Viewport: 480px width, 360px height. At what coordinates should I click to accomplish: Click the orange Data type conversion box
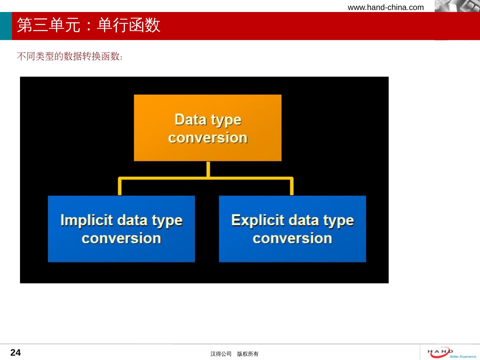tap(208, 128)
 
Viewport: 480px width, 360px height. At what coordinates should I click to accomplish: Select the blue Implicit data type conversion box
tap(121, 229)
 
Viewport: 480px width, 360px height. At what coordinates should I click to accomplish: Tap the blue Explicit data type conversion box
tap(292, 229)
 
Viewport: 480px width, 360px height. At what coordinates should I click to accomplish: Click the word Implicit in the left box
tap(87, 220)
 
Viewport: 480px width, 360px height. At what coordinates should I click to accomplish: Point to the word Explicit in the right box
tap(258, 220)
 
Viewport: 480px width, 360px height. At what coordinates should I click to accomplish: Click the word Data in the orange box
tap(190, 120)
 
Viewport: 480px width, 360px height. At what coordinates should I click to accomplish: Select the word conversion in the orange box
tap(208, 138)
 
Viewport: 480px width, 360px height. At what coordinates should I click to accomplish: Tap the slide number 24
tap(16, 353)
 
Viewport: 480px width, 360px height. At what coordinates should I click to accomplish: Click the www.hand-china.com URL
tap(386, 7)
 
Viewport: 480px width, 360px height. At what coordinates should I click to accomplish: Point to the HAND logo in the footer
tap(452, 353)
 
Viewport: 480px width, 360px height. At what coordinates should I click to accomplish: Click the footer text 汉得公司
tap(221, 354)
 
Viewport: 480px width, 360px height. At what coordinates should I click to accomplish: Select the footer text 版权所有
tap(248, 354)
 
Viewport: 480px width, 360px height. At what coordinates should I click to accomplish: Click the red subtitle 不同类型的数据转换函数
tap(70, 56)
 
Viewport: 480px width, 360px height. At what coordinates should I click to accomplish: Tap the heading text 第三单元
tap(49, 25)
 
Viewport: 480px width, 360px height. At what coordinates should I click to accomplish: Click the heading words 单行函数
tap(129, 25)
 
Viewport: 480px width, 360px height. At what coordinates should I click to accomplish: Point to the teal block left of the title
tap(6, 26)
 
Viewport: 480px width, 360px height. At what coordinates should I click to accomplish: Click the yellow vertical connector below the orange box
tap(208, 169)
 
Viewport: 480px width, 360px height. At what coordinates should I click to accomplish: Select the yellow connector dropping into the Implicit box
tap(120, 186)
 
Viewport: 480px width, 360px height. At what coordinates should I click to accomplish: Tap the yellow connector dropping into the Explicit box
tap(292, 186)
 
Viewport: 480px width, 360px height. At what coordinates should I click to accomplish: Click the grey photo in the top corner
tap(457, 6)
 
